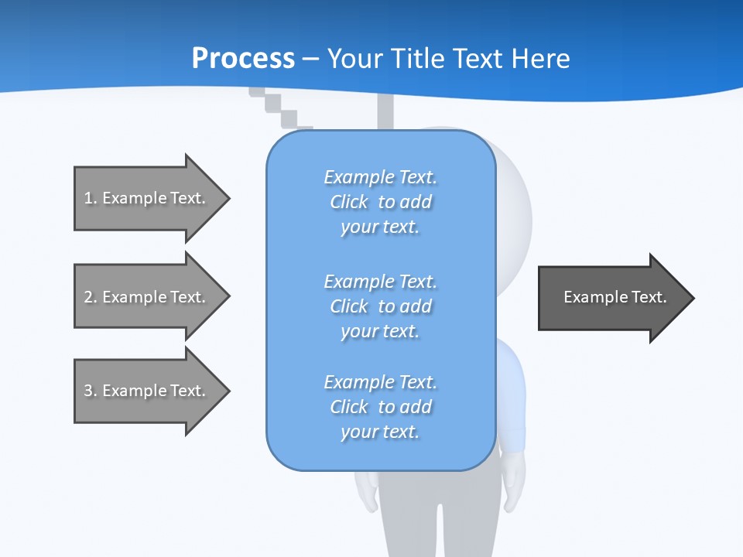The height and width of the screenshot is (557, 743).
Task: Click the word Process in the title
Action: click(x=243, y=58)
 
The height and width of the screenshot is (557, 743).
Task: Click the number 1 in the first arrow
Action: click(x=88, y=198)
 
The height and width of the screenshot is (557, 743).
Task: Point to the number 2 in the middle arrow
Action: click(x=88, y=297)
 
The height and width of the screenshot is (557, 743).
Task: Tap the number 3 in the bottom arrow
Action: click(x=88, y=391)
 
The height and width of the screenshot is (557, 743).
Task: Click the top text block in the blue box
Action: click(x=380, y=202)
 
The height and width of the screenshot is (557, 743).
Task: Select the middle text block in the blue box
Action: click(x=380, y=306)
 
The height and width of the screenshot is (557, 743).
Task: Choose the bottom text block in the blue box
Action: click(x=380, y=407)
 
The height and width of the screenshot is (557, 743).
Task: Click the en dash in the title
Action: click(x=311, y=59)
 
